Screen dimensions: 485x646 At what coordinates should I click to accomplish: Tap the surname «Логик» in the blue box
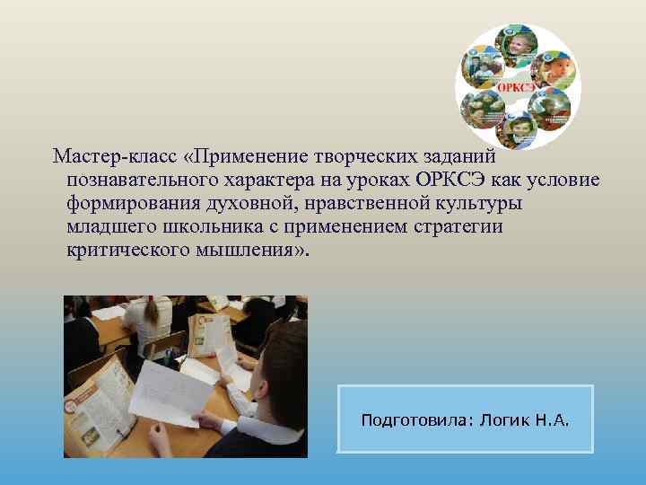(x=502, y=420)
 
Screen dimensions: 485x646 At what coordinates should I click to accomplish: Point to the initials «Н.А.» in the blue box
(x=550, y=420)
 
